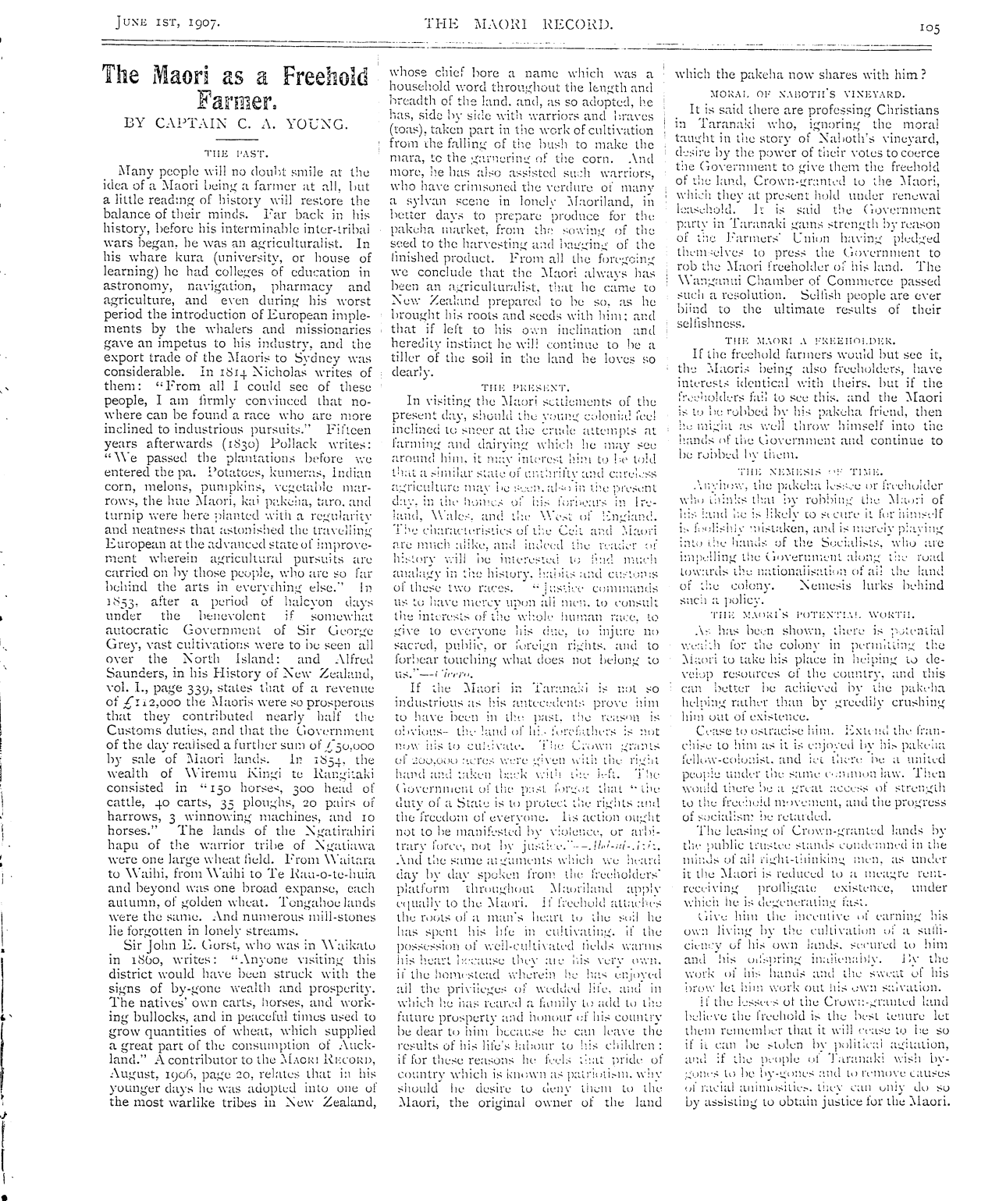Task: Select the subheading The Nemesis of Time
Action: click(811, 472)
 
